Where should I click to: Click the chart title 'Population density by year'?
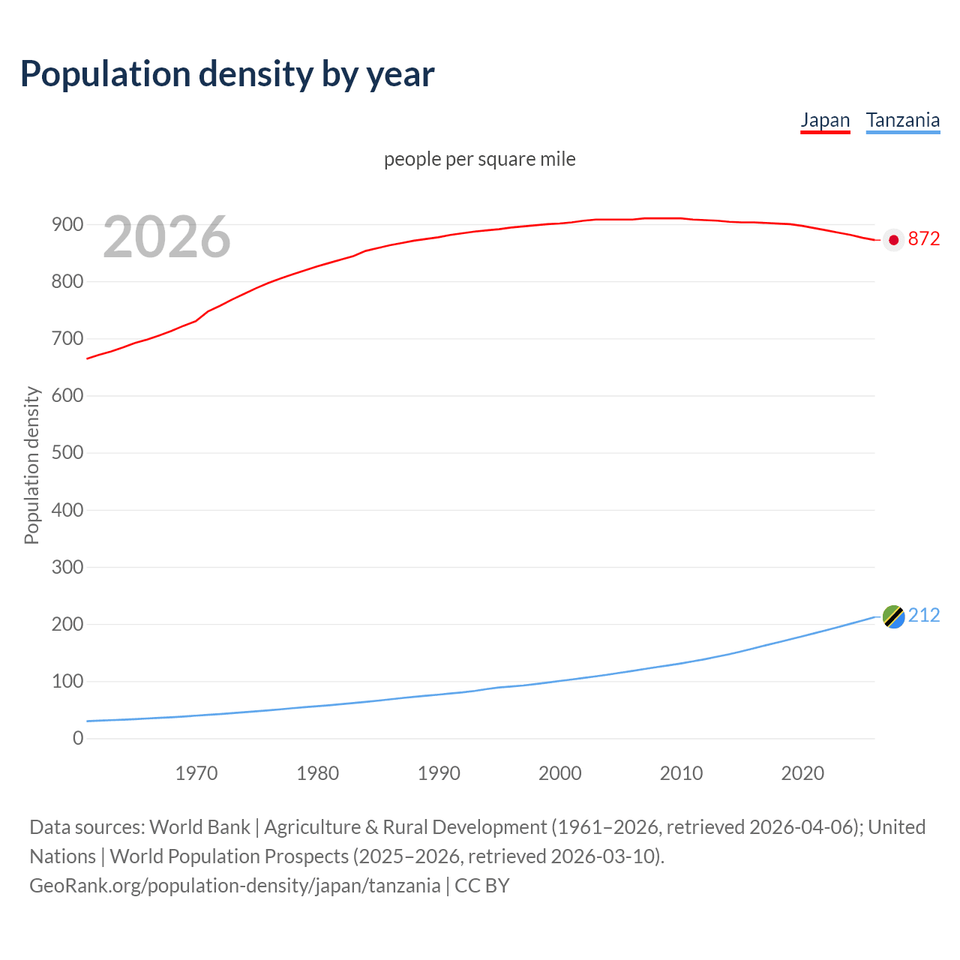coord(227,74)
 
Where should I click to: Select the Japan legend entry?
coord(825,121)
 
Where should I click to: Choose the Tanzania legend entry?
coord(902,121)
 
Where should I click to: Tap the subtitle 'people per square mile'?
coord(479,160)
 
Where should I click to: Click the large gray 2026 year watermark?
coord(166,237)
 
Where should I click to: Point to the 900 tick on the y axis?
coord(67,224)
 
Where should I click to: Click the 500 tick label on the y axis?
coord(67,453)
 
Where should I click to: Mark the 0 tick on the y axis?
coord(78,739)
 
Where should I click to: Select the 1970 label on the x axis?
coord(196,773)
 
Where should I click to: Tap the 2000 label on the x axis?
coord(560,773)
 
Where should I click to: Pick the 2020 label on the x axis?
coord(802,773)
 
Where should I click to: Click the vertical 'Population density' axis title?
coord(31,465)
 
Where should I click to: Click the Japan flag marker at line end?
coord(893,240)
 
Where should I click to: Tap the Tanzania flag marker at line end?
coord(893,616)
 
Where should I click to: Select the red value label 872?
coord(923,239)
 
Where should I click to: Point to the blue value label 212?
coord(923,616)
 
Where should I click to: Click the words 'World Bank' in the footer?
coord(199,827)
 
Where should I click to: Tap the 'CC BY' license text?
coord(482,886)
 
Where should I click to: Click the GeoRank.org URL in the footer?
coord(235,886)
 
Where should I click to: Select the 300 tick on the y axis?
coord(67,567)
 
